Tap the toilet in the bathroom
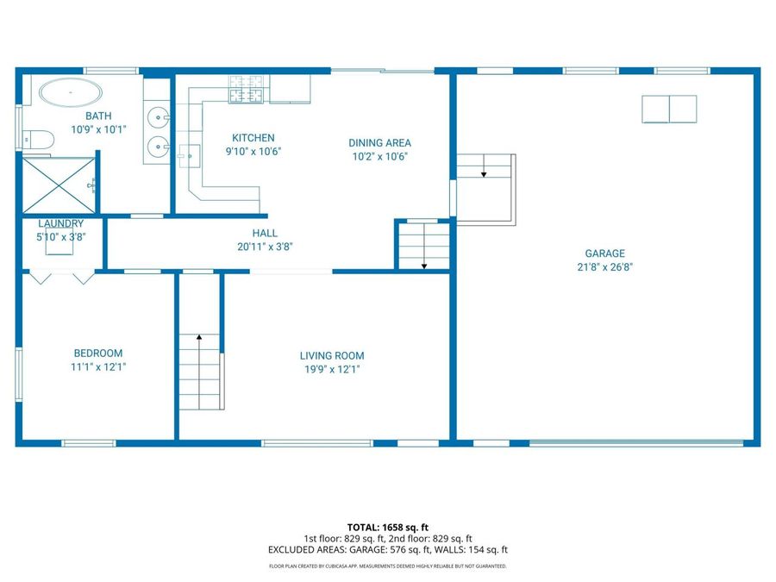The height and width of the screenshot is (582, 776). click(x=39, y=139)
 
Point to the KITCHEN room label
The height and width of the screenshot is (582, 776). click(x=253, y=138)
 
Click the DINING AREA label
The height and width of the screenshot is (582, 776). click(x=379, y=143)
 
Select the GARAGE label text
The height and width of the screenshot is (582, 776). click(x=604, y=253)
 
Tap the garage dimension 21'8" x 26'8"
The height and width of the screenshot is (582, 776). click(x=604, y=267)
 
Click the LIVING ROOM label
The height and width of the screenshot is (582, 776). click(x=332, y=356)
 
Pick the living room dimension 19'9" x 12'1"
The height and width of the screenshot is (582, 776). click(x=332, y=370)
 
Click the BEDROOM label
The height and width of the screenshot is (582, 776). click(x=97, y=354)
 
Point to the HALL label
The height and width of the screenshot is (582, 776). click(x=265, y=233)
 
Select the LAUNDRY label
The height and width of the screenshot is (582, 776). click(x=61, y=224)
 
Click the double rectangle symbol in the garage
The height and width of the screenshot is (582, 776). click(x=669, y=109)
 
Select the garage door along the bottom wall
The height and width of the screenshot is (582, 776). click(x=635, y=443)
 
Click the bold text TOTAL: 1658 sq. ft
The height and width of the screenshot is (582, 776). click(x=387, y=526)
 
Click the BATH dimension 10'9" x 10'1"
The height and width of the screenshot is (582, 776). click(x=97, y=130)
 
